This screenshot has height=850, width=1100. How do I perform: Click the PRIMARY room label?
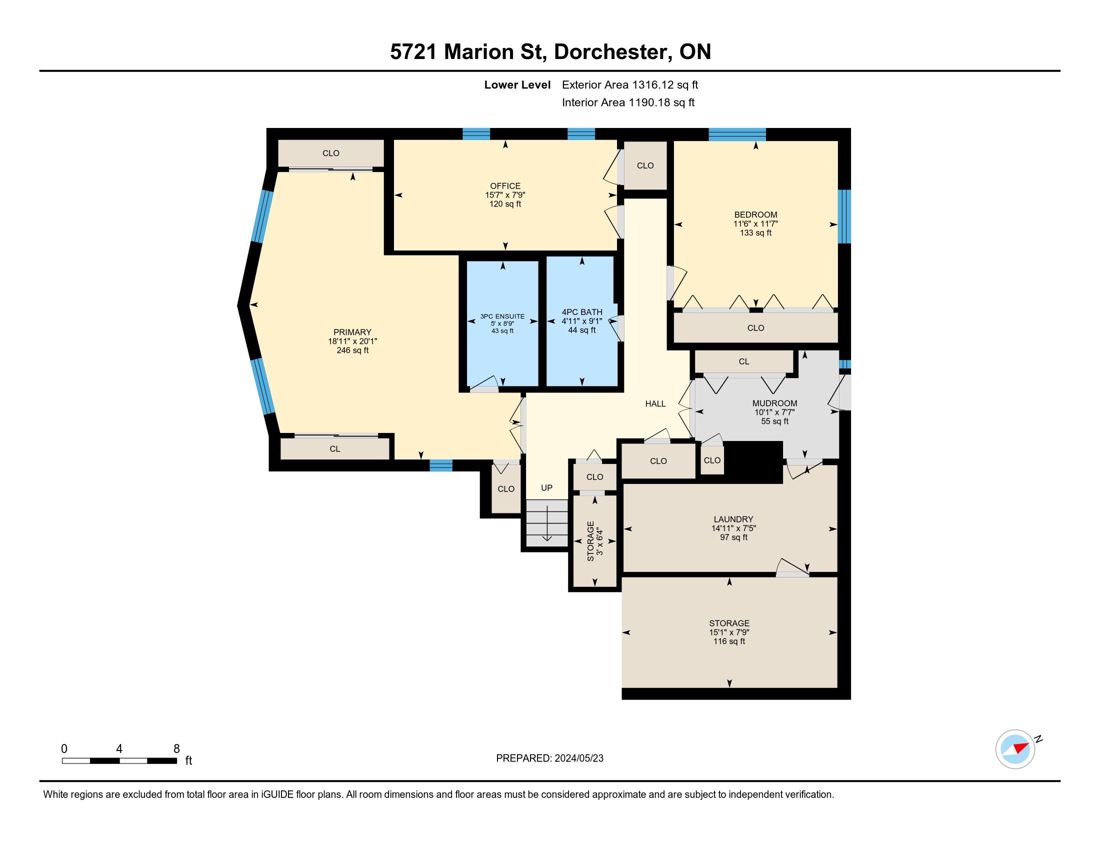tap(352, 332)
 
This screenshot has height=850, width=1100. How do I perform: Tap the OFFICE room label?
tap(505, 186)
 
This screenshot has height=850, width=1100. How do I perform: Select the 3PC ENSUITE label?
tap(502, 316)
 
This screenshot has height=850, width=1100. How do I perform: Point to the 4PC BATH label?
tap(581, 312)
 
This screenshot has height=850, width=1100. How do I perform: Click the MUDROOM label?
tap(774, 403)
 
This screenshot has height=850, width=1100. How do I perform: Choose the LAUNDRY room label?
tap(733, 519)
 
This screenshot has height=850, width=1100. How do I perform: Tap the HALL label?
tap(655, 404)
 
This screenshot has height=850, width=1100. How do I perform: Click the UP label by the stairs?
tap(546, 487)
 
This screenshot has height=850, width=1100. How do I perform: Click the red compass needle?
tap(1021, 747)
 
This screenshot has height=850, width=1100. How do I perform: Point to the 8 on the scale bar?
tap(176, 749)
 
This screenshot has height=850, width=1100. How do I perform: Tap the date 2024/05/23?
tap(578, 758)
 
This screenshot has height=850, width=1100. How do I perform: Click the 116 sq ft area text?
tap(729, 641)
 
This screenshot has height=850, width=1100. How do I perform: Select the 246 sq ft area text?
tap(352, 350)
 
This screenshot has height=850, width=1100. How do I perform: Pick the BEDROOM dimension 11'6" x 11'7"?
tap(755, 223)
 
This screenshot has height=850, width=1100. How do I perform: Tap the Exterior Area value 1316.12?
tap(653, 84)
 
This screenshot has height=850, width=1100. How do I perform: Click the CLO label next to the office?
tap(645, 165)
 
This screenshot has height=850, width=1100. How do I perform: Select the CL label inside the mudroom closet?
tap(744, 361)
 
